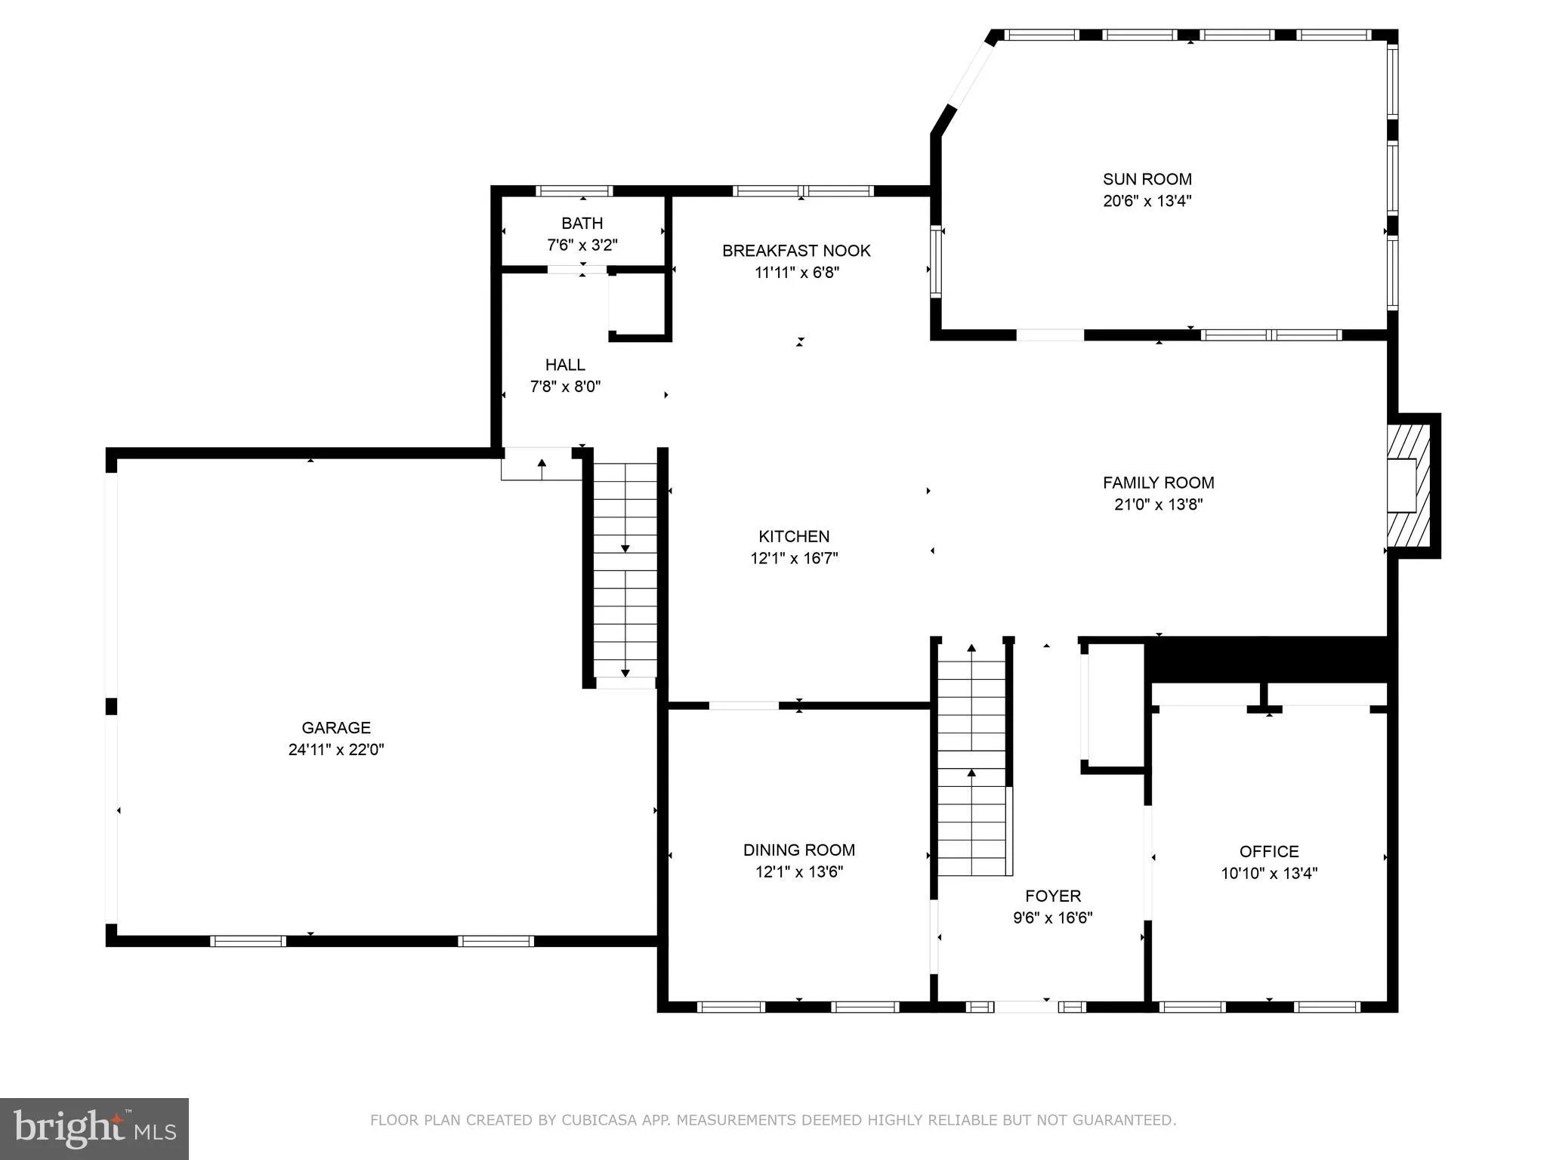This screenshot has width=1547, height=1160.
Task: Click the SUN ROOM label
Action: pyautogui.click(x=1147, y=179)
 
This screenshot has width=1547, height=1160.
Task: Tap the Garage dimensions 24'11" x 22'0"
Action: pyautogui.click(x=336, y=750)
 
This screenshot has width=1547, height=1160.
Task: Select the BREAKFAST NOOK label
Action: pyautogui.click(x=796, y=251)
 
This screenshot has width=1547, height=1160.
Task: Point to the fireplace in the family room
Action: pyautogui.click(x=1409, y=486)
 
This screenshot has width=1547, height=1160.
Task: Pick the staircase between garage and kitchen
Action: pyautogui.click(x=625, y=570)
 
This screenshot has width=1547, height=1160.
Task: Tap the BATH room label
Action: pyautogui.click(x=582, y=224)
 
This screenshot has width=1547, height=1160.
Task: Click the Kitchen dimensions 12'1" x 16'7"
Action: pyautogui.click(x=794, y=559)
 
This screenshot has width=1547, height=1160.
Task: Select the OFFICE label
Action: pyautogui.click(x=1269, y=851)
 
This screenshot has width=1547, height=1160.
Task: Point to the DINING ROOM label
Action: pyautogui.click(x=798, y=850)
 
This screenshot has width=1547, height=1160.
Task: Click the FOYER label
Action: pyautogui.click(x=1052, y=896)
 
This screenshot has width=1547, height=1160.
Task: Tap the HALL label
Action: pyautogui.click(x=565, y=365)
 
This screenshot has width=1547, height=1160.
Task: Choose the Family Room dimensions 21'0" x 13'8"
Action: pyautogui.click(x=1158, y=504)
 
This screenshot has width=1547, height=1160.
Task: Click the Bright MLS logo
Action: pyautogui.click(x=94, y=1129)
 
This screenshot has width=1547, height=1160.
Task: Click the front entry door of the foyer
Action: pyautogui.click(x=1025, y=1007)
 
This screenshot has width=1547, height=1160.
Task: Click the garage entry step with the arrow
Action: pyautogui.click(x=541, y=464)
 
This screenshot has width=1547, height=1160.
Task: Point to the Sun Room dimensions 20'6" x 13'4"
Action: pyautogui.click(x=1147, y=201)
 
